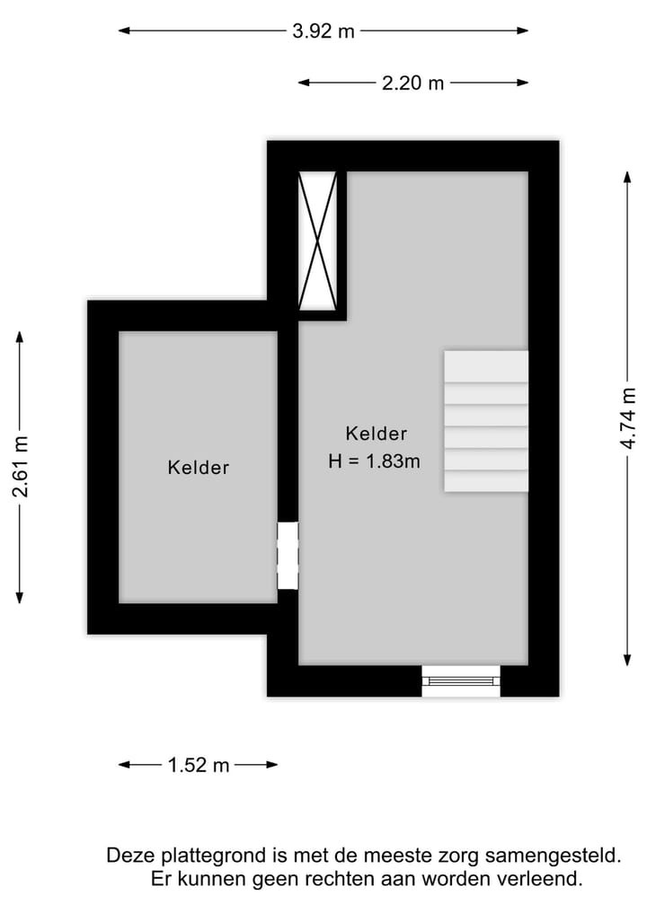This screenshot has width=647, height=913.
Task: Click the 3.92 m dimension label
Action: point(323,31)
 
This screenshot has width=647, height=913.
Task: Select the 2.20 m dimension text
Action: point(412,83)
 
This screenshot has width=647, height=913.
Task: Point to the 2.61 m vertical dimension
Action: point(21,467)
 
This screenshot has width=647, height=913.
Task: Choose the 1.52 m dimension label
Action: point(199,766)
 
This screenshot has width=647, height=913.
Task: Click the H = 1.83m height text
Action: point(375,461)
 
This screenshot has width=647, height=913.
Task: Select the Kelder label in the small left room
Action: point(199,468)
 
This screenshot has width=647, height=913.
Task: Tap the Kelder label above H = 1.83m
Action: point(377,434)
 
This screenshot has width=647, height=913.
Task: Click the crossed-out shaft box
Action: point(319,241)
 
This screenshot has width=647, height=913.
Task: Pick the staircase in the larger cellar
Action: point(486,421)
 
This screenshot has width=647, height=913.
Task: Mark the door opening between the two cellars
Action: point(288,556)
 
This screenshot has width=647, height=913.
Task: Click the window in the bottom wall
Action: point(461,680)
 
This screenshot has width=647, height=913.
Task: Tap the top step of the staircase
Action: point(486,365)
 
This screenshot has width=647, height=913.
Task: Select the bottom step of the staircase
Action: point(486,480)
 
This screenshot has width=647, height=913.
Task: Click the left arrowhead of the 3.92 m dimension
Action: point(124,31)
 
